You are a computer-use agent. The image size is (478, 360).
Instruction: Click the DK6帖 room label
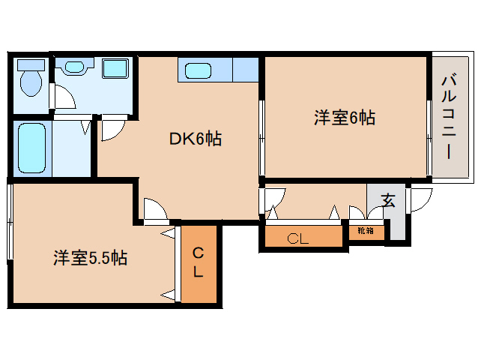[x=194, y=139]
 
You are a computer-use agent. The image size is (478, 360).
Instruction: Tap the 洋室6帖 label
[x=344, y=118]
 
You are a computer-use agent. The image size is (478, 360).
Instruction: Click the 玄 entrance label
[x=388, y=201]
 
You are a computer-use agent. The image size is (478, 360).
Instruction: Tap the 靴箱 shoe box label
[x=366, y=231]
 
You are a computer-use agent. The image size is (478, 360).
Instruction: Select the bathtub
[x=31, y=146]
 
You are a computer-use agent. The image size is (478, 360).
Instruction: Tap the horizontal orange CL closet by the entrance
[x=298, y=239]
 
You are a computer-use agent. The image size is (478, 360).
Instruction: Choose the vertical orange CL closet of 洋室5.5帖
[x=198, y=263]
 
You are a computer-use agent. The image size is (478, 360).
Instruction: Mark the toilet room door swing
[x=64, y=97]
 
